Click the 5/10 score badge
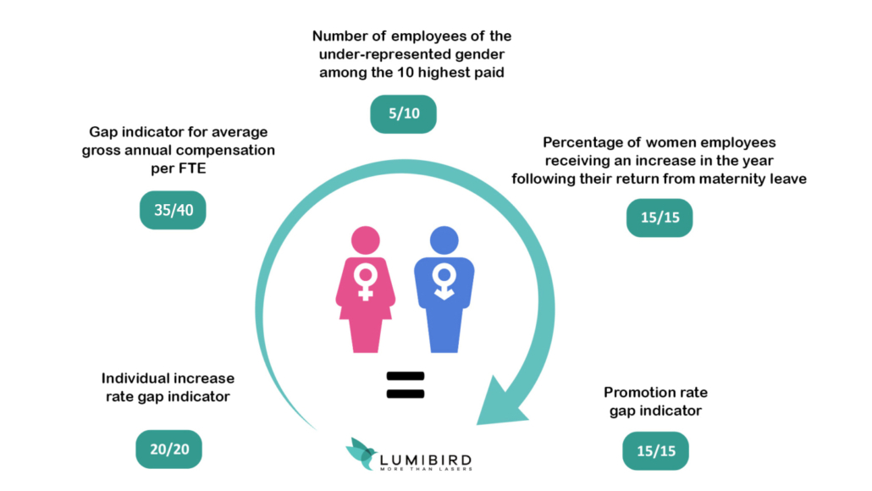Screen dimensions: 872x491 [x=403, y=114]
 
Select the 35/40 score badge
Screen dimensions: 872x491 [x=173, y=210]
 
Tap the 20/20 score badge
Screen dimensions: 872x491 [x=169, y=450]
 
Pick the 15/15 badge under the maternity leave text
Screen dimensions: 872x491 [x=660, y=218]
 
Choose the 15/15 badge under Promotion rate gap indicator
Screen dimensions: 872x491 [x=655, y=451]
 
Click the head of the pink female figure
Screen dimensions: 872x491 [x=366, y=240]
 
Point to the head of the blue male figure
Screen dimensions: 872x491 [x=444, y=240]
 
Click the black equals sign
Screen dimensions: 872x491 [x=406, y=385]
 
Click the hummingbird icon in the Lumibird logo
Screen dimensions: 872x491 [x=361, y=453]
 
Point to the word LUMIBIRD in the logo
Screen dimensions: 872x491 [x=426, y=461]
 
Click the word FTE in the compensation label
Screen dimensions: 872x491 [x=192, y=168]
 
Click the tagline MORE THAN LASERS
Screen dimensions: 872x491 [x=426, y=469]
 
